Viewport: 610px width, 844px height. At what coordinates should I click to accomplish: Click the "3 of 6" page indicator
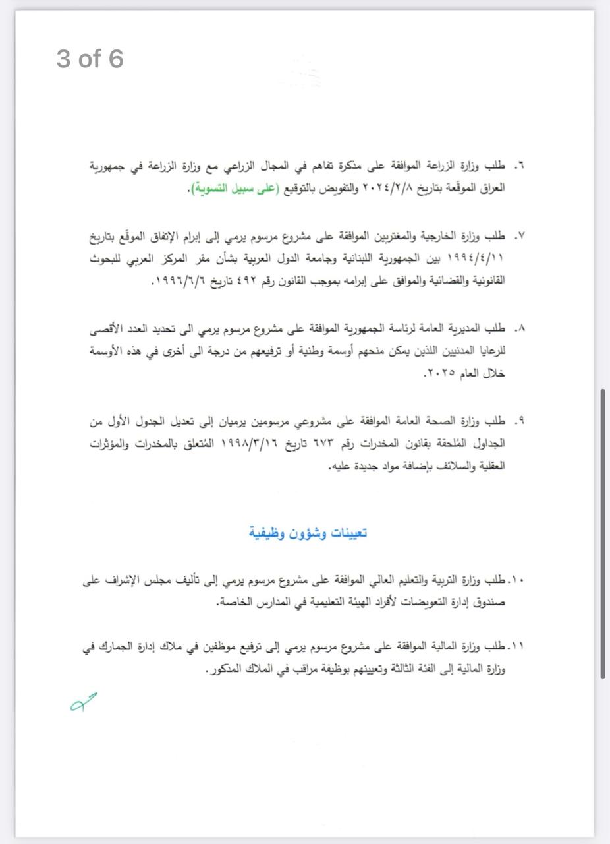(x=90, y=59)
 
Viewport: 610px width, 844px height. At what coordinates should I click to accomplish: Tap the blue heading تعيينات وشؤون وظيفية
(x=308, y=533)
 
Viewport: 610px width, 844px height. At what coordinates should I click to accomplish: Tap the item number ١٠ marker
(x=516, y=580)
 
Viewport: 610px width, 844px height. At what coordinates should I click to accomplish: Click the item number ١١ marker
(x=516, y=646)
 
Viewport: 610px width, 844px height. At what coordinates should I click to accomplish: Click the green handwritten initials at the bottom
(x=84, y=702)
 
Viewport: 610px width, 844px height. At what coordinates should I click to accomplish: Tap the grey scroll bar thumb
(x=603, y=534)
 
